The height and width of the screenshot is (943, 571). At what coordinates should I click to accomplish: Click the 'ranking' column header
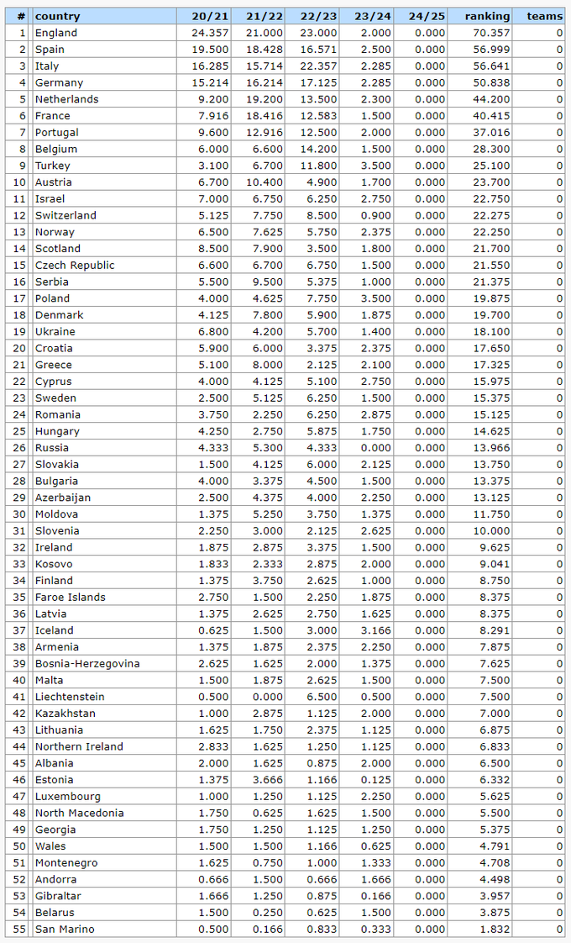tap(486, 16)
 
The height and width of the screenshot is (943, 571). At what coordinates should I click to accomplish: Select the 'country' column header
tap(58, 16)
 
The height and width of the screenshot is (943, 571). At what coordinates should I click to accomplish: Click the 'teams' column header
tap(544, 16)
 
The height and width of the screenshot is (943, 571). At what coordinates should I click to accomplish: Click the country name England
tap(56, 33)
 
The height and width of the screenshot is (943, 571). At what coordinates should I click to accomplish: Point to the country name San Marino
tap(65, 929)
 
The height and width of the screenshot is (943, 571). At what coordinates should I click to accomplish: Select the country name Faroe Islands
tap(71, 597)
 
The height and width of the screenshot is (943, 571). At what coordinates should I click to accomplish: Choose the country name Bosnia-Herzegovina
tap(87, 663)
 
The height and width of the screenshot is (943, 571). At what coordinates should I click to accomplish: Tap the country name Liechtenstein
tap(70, 697)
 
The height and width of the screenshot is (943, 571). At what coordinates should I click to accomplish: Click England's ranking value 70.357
tap(491, 33)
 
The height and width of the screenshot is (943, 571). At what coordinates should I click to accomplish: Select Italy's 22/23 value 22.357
tap(320, 66)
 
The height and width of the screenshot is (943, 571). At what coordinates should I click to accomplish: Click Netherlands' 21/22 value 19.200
tap(265, 99)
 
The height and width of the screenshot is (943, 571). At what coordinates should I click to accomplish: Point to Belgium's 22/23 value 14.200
tap(320, 149)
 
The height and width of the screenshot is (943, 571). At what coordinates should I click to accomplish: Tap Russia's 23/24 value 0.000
tap(375, 447)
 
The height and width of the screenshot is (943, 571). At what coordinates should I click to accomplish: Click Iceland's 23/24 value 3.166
tap(375, 630)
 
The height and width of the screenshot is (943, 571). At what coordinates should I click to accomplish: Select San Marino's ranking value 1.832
tap(494, 929)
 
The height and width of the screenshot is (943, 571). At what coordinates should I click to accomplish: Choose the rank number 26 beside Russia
tap(19, 447)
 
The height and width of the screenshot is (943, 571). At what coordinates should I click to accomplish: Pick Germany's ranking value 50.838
tap(491, 82)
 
